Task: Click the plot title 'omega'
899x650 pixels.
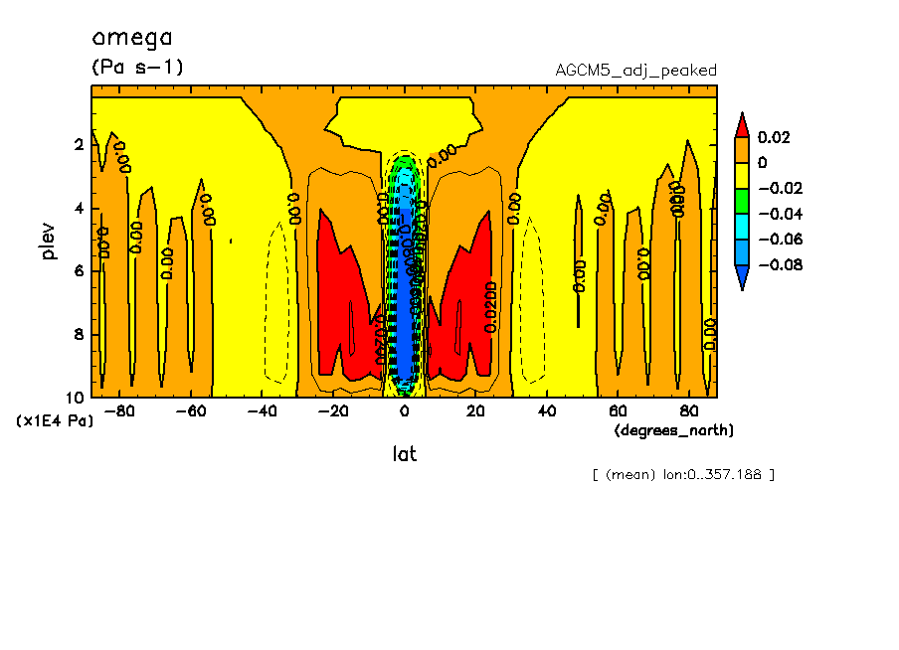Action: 132,39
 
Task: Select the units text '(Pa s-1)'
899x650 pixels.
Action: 138,68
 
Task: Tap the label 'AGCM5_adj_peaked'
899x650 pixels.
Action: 635,71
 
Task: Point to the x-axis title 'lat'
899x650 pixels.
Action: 403,454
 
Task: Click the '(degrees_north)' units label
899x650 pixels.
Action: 674,429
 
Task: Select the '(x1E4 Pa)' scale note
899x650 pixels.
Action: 56,421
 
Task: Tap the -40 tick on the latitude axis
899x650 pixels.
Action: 263,409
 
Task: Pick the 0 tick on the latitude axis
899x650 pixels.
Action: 405,409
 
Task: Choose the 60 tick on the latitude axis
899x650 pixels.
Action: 618,409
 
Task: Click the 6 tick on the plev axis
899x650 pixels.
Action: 78,271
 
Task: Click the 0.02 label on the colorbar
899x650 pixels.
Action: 773,137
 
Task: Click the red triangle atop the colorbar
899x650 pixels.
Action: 741,125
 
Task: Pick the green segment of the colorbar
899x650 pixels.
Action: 741,201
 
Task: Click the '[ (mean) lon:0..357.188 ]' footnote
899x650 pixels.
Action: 682,474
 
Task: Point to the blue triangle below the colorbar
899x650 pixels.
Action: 741,277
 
